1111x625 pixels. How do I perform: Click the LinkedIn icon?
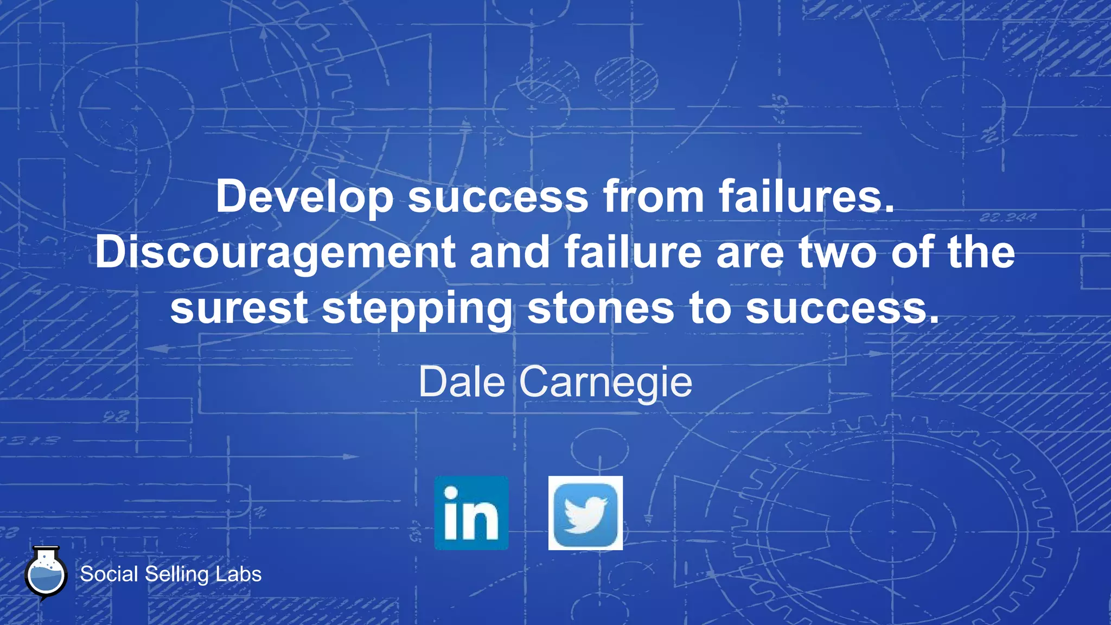471,513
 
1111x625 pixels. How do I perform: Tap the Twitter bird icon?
585,513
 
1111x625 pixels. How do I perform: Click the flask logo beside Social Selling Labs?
46,574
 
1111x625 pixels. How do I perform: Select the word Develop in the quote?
305,197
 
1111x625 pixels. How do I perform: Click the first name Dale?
462,382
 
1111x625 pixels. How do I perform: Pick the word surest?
239,308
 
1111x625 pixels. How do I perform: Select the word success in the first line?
498,197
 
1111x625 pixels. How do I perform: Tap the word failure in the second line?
633,252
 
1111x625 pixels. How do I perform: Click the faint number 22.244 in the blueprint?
1007,218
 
